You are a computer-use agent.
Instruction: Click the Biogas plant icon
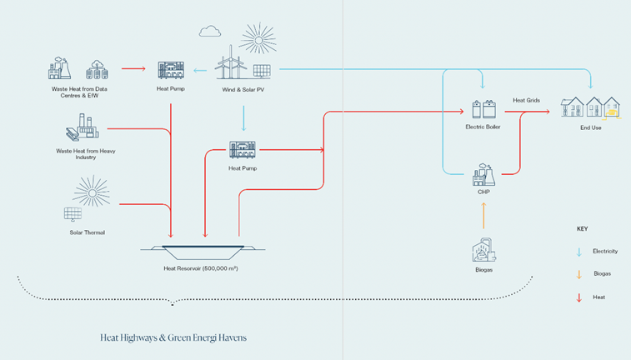[x=483, y=252]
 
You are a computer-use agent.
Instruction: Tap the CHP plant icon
[x=483, y=176]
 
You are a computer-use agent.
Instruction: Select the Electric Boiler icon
[x=483, y=110]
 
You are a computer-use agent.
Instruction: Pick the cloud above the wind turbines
[x=210, y=32]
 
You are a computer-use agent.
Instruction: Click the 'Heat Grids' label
[x=526, y=101]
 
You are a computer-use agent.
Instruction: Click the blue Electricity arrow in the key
[x=578, y=252]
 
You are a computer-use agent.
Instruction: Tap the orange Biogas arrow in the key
[x=578, y=274]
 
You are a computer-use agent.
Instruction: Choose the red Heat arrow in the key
[x=578, y=297]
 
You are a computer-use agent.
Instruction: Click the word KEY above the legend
[x=582, y=228]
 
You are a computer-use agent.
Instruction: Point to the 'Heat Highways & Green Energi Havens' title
[x=173, y=337]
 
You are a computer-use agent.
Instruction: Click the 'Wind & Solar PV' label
[x=243, y=89]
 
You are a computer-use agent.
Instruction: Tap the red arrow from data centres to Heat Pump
[x=133, y=68]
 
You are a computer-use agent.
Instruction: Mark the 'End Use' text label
[x=590, y=127]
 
